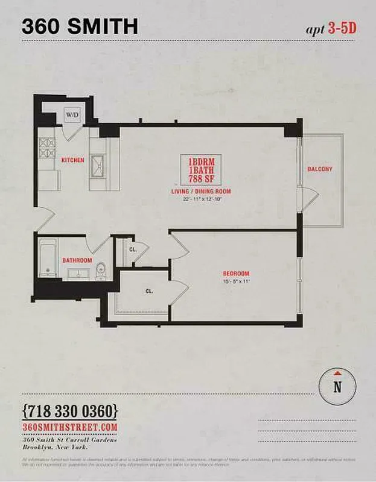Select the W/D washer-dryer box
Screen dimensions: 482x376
point(72,114)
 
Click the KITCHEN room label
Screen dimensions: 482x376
point(72,160)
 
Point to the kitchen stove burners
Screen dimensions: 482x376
point(47,149)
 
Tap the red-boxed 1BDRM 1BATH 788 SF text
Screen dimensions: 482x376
point(201,171)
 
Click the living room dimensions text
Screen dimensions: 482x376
point(201,200)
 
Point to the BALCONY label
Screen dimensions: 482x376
point(319,169)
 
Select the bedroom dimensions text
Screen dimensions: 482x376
point(235,281)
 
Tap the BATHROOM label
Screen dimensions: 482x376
point(77,260)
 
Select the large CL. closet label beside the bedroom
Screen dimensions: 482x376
point(148,290)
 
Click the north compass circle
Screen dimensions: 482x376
point(337,386)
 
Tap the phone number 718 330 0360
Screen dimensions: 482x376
point(69,412)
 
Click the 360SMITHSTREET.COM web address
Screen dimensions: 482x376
point(69,427)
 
